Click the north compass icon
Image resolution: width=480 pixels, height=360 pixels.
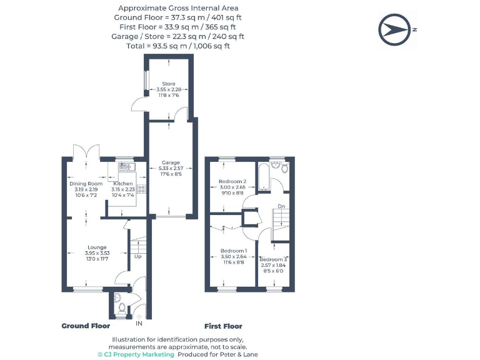tap(395, 29)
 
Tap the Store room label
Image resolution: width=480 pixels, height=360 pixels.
tap(168, 83)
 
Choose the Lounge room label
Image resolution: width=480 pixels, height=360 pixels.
tap(97, 247)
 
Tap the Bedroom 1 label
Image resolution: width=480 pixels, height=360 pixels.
tap(232, 251)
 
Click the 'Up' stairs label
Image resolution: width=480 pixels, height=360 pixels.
tap(137, 256)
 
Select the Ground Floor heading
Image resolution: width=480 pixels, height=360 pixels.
tap(86, 326)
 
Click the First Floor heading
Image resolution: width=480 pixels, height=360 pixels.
tap(223, 326)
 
